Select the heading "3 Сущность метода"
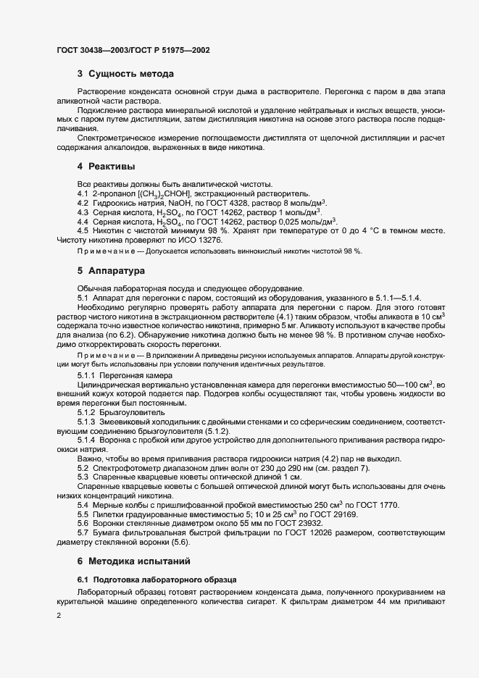click(125, 75)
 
